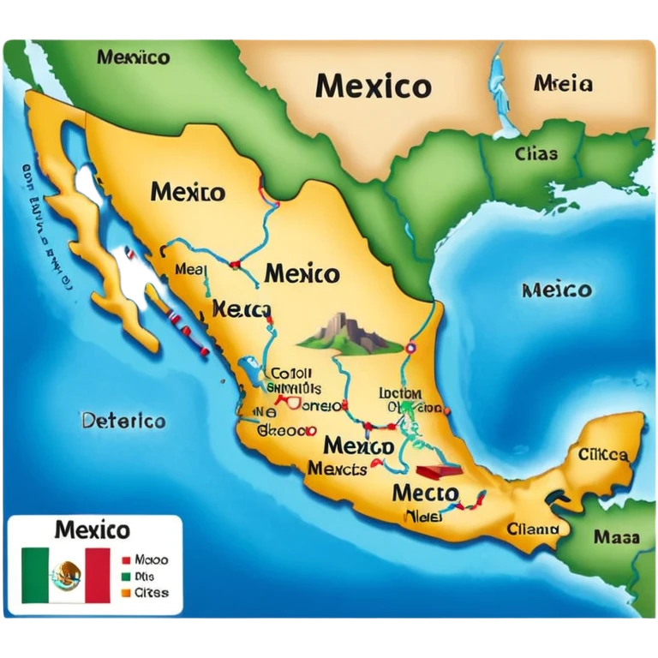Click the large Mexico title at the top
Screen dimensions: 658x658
pos(373,86)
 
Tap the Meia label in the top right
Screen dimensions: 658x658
pos(563,84)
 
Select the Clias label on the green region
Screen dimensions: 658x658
pos(536,154)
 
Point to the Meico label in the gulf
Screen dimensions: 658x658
pos(556,290)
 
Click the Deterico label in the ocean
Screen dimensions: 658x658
pos(123,422)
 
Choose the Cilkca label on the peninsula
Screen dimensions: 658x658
pos(603,454)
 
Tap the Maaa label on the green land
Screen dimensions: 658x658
pos(616,538)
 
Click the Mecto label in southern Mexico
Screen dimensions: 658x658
pos(425,493)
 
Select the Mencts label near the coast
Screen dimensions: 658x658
pos(337,469)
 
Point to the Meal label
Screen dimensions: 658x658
pos(191,269)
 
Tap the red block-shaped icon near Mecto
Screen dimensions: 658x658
pos(438,470)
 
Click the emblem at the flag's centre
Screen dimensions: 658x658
pos(66,575)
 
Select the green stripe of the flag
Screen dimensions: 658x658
pos(36,575)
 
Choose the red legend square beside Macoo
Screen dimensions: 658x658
pos(126,559)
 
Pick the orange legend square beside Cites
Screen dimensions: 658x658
pos(126,592)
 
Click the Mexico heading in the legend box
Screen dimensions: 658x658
pos(93,529)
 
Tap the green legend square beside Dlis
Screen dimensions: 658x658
pos(126,576)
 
